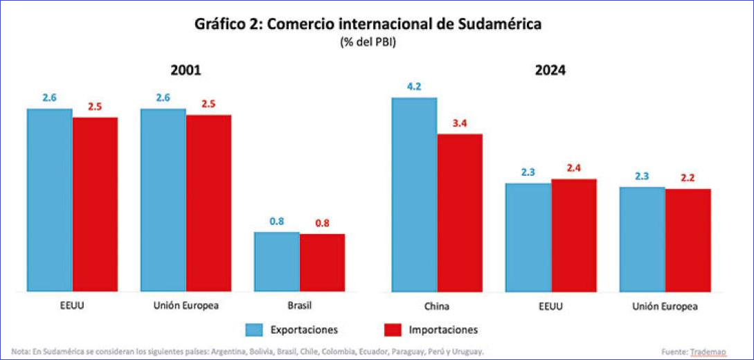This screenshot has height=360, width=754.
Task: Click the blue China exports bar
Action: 414,195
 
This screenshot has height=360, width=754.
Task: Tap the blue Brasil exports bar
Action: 277,262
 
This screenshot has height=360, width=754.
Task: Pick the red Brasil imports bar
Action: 322,263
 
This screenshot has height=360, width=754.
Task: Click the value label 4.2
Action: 414,87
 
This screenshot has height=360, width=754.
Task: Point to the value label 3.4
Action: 460,124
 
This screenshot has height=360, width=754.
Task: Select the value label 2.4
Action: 573,168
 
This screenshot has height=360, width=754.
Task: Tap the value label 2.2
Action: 688,178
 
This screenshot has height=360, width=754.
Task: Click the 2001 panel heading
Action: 186,71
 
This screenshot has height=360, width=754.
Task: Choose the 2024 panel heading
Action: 550,71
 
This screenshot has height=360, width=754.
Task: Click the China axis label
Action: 437,305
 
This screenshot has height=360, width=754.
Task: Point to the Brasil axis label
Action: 300,305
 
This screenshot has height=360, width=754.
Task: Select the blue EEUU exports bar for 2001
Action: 50,200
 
